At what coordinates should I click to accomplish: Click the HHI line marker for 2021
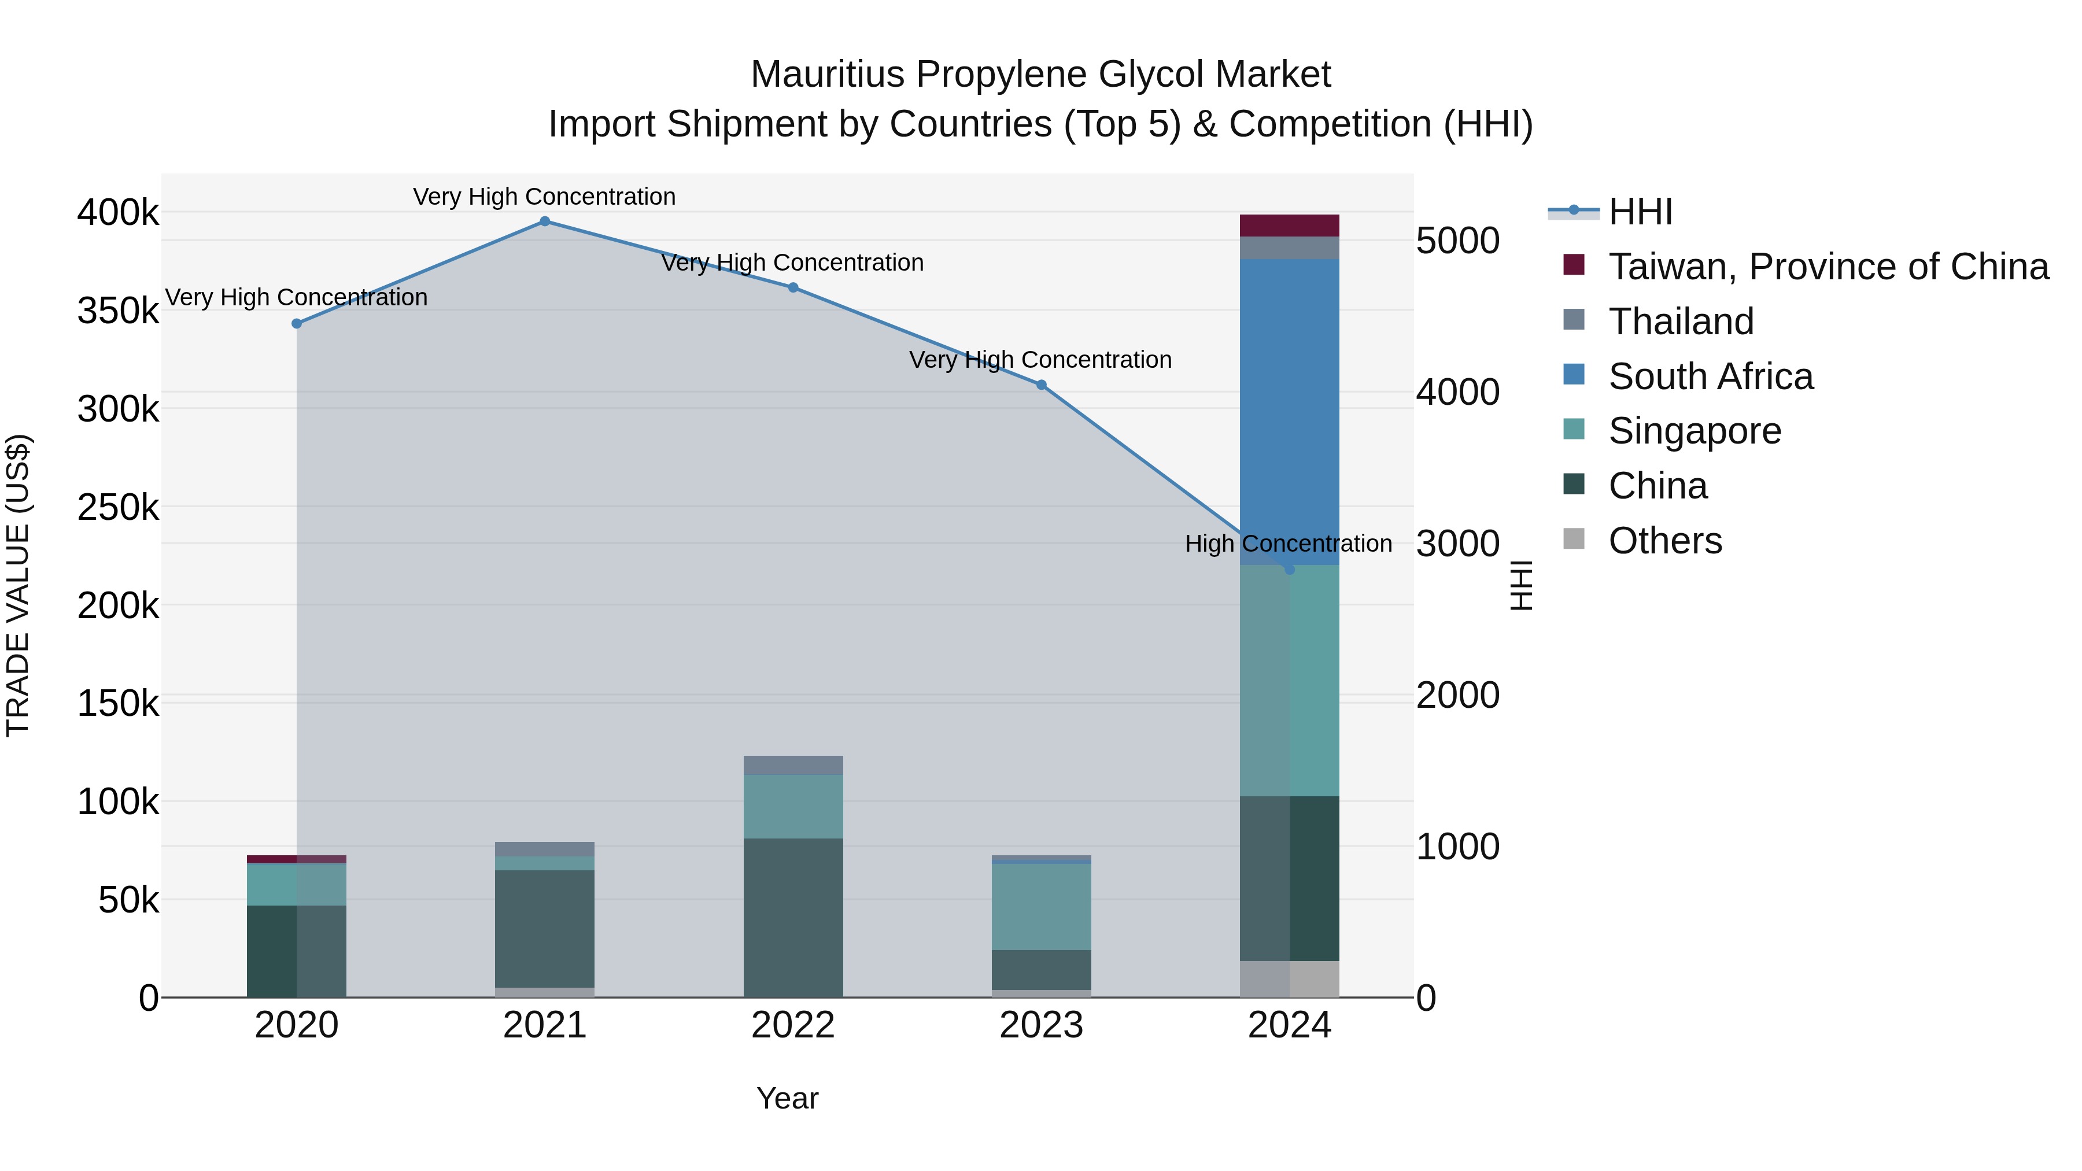coord(545,221)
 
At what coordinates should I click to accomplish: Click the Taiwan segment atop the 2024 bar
coord(1289,226)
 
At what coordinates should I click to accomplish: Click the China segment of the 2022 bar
coord(793,917)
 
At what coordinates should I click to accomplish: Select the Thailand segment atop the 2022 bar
coord(793,764)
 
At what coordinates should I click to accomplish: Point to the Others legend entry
coord(1665,541)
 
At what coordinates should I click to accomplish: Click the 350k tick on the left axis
coord(118,311)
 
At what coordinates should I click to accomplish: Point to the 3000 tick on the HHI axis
coord(1457,544)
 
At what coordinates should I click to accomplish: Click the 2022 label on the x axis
coord(793,1025)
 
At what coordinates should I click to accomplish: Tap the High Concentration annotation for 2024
coord(1289,544)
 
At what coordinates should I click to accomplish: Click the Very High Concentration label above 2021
coord(544,197)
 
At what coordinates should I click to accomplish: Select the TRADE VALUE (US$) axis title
coord(19,585)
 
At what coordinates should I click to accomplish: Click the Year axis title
coord(787,1098)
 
